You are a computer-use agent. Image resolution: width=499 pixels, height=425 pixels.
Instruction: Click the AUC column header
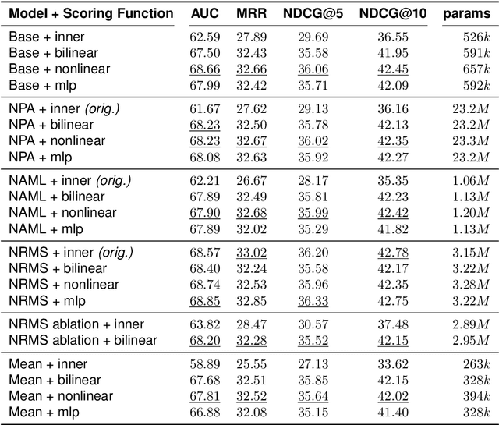tap(205, 13)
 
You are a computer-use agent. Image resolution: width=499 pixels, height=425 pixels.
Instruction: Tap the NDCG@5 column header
tap(322, 13)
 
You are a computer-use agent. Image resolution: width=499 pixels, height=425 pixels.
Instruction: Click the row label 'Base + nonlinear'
tap(58, 69)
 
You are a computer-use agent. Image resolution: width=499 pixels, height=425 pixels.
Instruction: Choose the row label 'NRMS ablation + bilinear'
tap(83, 339)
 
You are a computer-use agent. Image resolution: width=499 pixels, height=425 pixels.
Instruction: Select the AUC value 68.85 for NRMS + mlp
tap(204, 301)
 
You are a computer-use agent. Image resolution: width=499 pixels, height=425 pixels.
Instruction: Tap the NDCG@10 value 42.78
tap(392, 253)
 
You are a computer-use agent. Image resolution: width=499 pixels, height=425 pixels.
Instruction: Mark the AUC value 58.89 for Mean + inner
tap(204, 363)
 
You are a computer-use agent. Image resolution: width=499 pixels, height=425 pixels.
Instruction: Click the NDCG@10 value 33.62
tap(392, 363)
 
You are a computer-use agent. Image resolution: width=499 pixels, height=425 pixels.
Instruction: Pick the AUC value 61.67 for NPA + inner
tap(204, 108)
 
